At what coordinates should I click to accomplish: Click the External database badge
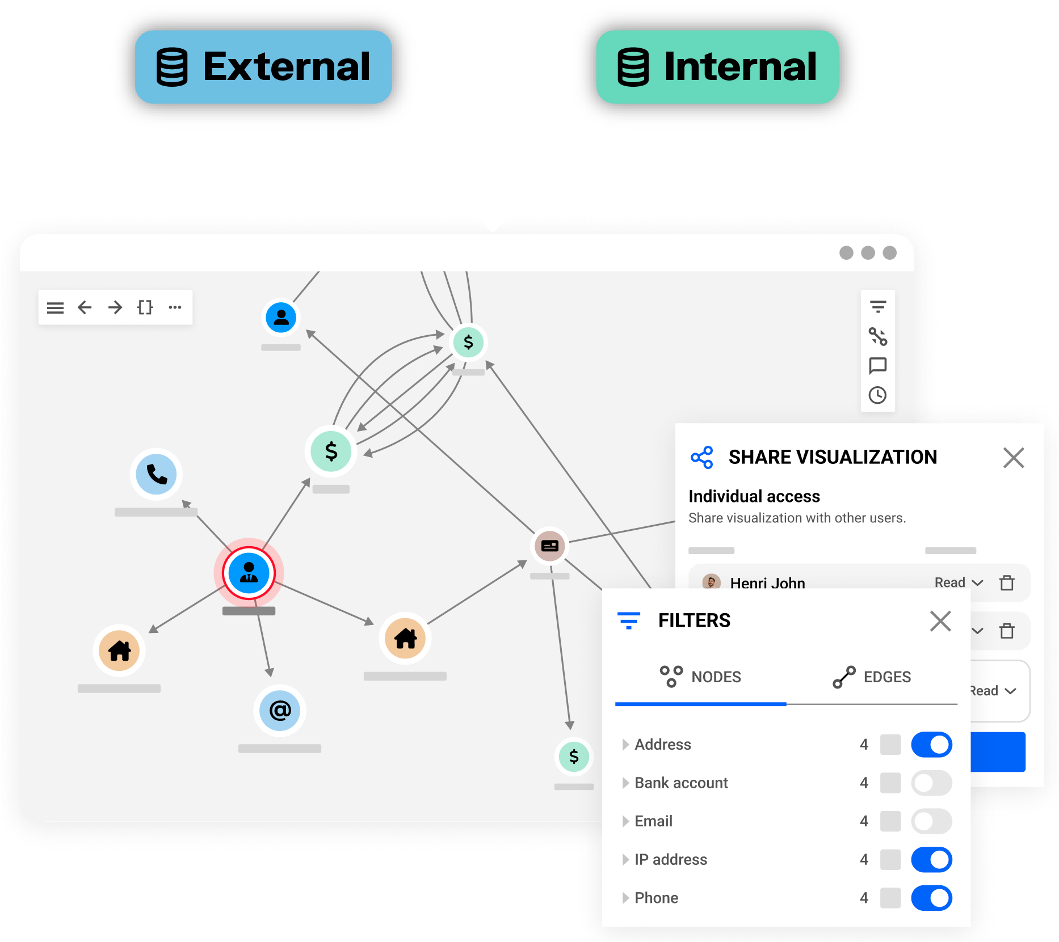[x=263, y=67]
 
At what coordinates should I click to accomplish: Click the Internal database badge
[x=717, y=67]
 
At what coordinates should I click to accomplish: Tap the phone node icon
[x=156, y=474]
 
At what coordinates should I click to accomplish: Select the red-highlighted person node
[x=249, y=573]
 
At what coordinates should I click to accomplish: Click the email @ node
[x=280, y=710]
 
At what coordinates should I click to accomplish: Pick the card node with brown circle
[x=549, y=546]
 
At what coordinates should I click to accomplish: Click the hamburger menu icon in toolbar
[x=55, y=307]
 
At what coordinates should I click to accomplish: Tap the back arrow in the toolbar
[x=85, y=307]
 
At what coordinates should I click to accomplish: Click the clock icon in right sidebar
[x=877, y=395]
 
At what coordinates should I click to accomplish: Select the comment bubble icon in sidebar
[x=877, y=366]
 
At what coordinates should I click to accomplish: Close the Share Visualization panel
[x=1013, y=458]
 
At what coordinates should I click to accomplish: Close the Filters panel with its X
[x=940, y=621]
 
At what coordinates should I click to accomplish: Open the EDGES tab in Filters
[x=872, y=677]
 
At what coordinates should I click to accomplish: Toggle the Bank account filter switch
[x=931, y=783]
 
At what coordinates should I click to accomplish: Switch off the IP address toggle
[x=931, y=859]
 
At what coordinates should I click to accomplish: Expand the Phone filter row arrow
[x=625, y=898]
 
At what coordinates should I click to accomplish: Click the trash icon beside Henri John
[x=1007, y=582]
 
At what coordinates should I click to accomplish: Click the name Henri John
[x=767, y=582]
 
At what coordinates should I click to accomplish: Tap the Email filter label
[x=653, y=821]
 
